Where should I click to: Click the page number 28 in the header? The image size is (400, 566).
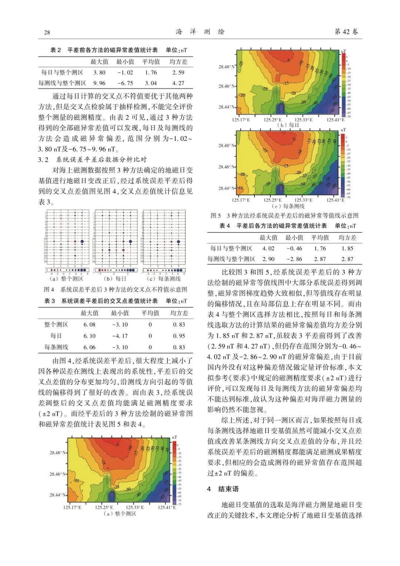[47, 32]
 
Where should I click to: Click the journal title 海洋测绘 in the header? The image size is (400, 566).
[200, 32]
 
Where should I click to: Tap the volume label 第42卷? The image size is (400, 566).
[346, 32]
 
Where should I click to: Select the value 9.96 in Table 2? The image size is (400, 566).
[99, 83]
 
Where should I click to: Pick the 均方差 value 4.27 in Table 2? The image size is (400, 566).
[178, 83]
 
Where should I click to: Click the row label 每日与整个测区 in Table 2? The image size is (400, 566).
[62, 73]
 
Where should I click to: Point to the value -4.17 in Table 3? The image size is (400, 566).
[120, 336]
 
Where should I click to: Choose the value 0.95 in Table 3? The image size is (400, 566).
[179, 336]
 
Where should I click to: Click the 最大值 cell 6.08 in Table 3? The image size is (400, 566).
[89, 324]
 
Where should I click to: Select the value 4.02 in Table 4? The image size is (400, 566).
[268, 249]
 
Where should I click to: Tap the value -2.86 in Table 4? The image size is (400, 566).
[294, 259]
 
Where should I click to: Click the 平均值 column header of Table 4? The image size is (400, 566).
[320, 238]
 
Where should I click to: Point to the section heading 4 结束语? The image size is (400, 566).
[223, 489]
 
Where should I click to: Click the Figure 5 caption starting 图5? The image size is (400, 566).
[284, 216]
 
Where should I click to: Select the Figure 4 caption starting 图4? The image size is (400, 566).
[116, 289]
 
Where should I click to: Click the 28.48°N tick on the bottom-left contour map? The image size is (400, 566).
[58, 453]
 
